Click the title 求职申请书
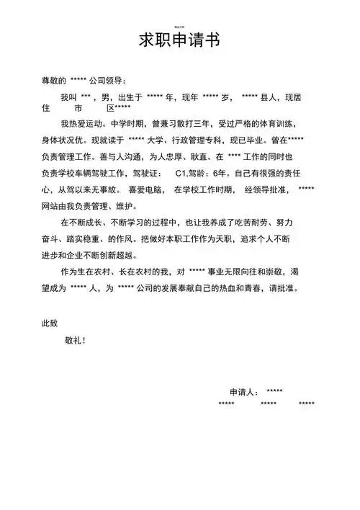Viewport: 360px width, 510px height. pyautogui.click(x=179, y=40)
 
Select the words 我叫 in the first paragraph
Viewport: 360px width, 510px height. pyautogui.click(x=68, y=96)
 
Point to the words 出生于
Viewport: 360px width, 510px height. pyautogui.click(x=130, y=96)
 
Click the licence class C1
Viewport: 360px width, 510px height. pyautogui.click(x=181, y=174)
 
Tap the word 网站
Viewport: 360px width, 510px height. pyautogui.click(x=50, y=206)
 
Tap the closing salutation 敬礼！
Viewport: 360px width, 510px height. pyautogui.click(x=76, y=340)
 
